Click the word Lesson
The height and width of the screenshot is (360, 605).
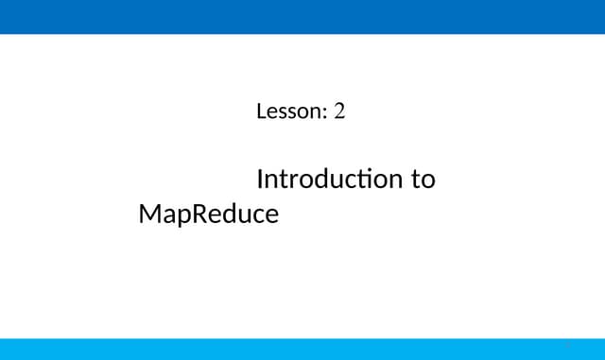point(288,112)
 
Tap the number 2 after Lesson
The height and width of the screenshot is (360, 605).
point(339,112)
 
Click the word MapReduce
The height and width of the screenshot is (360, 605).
point(208,214)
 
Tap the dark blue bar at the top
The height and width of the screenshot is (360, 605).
point(302,17)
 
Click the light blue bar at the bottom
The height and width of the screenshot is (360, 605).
point(302,349)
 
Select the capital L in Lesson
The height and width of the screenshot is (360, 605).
point(261,112)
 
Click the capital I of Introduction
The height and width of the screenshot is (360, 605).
point(260,179)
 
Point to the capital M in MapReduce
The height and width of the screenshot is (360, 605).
point(149,214)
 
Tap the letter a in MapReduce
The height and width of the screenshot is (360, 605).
point(168,216)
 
